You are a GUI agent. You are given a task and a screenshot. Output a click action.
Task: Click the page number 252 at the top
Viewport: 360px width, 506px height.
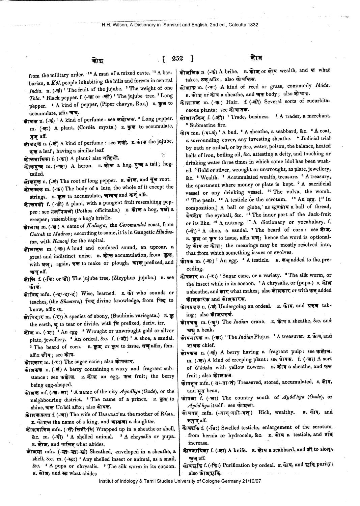(x=177, y=58)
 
